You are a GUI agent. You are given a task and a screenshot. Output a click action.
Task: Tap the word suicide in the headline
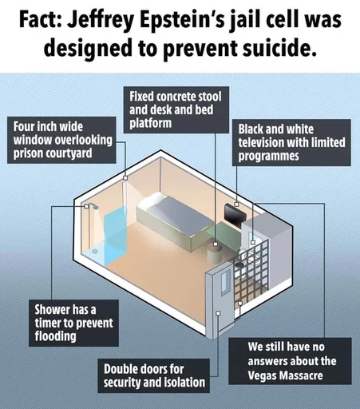[279, 49]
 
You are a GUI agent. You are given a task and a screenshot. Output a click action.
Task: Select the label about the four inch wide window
[61, 140]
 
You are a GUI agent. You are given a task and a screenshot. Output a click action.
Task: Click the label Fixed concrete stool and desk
[176, 109]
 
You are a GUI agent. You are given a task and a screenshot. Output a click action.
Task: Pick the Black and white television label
[291, 142]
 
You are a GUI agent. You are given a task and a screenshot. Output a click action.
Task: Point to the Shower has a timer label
[73, 323]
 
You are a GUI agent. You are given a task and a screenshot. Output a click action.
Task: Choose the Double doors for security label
[154, 375]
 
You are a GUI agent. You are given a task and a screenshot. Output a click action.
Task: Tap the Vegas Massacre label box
[290, 361]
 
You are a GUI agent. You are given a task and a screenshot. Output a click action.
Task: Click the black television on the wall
[234, 214]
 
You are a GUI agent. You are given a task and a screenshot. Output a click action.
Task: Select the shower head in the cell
[94, 207]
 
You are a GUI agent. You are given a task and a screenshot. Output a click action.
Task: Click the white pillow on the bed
[152, 201]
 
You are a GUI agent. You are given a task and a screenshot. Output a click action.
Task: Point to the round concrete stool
[215, 254]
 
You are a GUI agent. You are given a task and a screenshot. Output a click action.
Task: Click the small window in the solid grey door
[225, 282]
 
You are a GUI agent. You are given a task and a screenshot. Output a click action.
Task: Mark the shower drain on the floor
[94, 251]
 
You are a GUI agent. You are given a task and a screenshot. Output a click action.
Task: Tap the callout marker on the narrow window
[125, 177]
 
